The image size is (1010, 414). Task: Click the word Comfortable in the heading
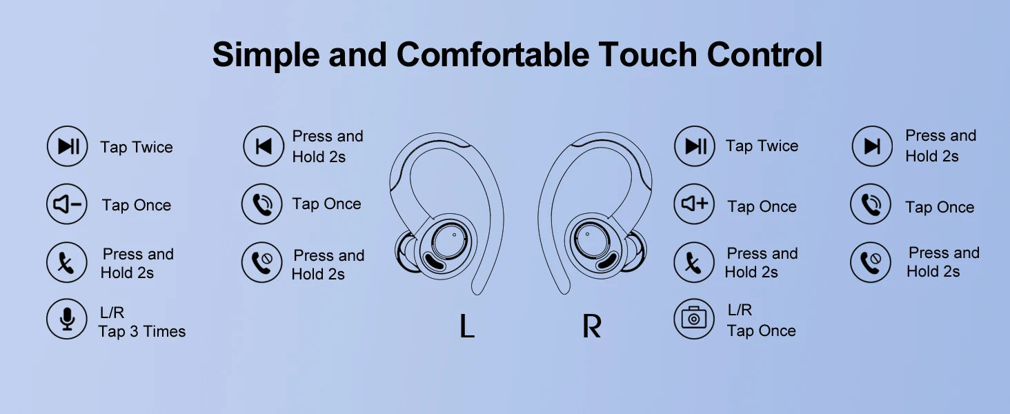coord(493,55)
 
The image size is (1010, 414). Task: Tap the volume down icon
coord(67,204)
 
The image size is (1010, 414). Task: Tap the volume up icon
coord(694,204)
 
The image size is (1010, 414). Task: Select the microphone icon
coord(67,319)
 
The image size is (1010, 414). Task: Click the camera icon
coord(694,319)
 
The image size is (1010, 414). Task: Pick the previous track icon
coord(264,146)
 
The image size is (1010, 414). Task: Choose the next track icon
coord(872,146)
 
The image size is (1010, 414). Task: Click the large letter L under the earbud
coord(466,326)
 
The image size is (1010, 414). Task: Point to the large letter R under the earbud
coord(591,326)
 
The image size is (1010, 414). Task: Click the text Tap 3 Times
coord(142,331)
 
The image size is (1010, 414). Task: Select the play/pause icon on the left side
coord(67,146)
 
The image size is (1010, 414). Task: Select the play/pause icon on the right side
coord(694,146)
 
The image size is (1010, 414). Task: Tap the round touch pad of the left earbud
coord(449,239)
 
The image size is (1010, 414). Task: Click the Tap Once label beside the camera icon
coord(761,331)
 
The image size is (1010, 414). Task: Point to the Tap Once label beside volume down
coord(137,205)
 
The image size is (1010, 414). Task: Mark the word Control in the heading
coord(764,55)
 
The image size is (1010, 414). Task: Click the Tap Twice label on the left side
coord(137,147)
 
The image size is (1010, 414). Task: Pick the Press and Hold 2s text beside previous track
coord(327,146)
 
